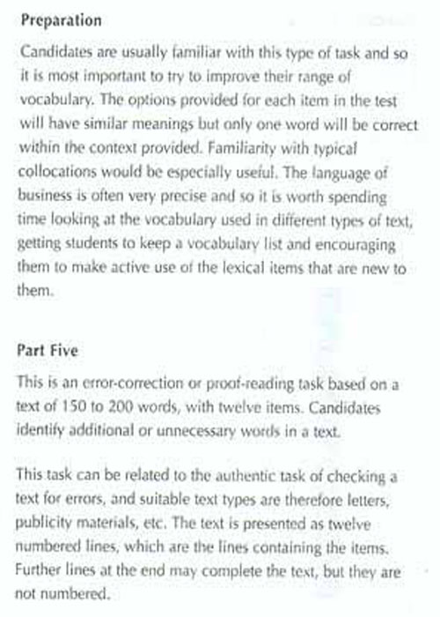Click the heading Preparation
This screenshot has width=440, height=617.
pos(60,19)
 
